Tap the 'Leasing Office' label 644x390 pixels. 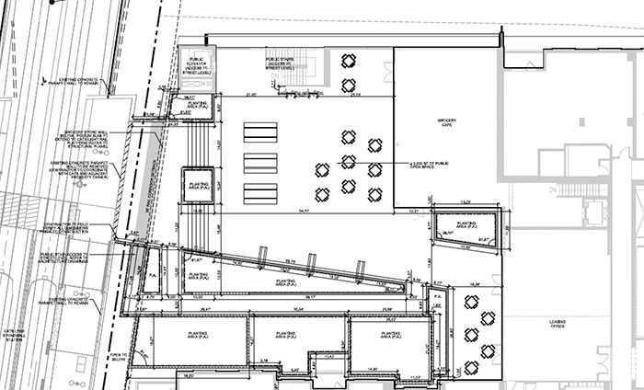[x=556, y=325]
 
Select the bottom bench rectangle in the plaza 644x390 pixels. [x=259, y=194]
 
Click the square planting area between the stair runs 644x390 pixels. [x=199, y=186]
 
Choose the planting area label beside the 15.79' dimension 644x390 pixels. [x=466, y=224]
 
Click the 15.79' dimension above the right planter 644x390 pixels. [x=466, y=201]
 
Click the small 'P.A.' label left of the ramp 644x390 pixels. [x=154, y=274]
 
